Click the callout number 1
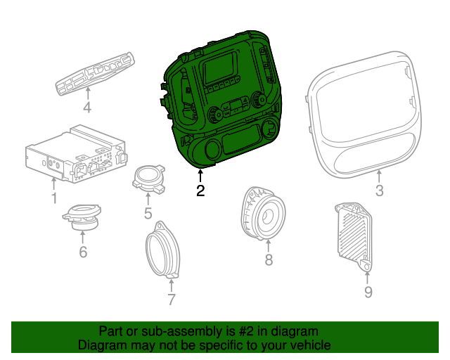click(54, 198)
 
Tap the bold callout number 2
click(200, 191)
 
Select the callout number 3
click(379, 191)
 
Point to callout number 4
click(87, 108)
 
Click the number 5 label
click(148, 212)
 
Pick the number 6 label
click(82, 250)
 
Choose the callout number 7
click(171, 300)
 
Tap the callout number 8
click(268, 261)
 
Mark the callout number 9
click(368, 292)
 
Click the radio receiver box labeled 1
click(74, 155)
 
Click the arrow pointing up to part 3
click(379, 176)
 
